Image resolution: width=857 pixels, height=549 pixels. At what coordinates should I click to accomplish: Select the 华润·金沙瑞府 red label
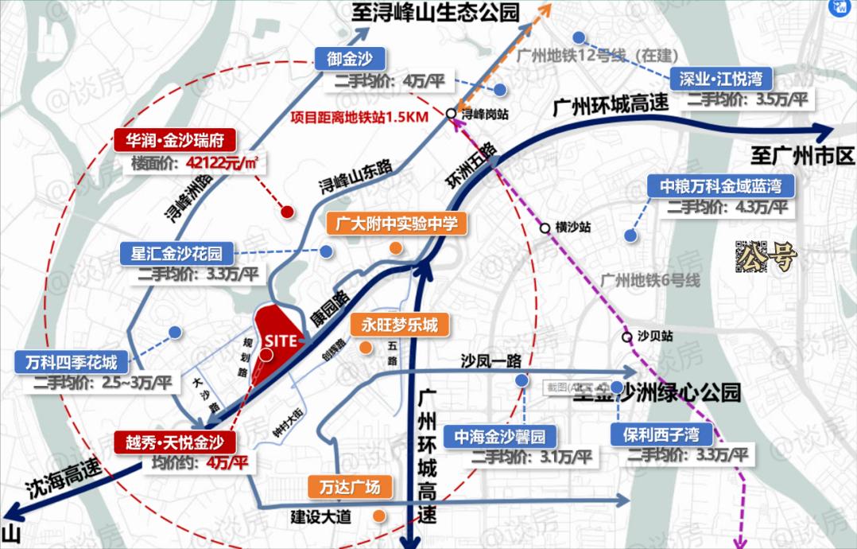point(179,142)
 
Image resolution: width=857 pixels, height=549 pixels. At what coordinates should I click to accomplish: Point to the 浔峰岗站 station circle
point(451,114)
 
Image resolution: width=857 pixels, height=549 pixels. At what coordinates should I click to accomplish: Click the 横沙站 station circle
point(545,228)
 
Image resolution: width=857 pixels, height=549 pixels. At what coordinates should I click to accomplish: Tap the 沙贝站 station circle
point(627,337)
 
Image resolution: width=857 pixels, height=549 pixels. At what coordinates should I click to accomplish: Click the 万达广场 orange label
point(350,487)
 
